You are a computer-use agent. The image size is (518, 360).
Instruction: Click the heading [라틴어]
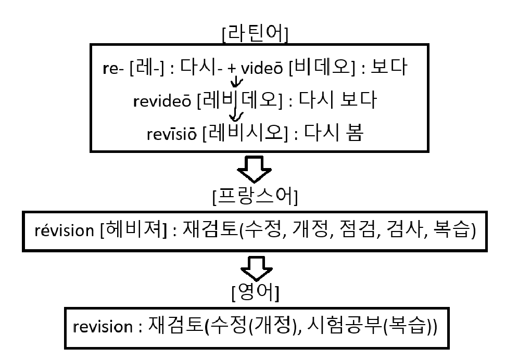255,34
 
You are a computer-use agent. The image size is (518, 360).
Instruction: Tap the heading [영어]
255,295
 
